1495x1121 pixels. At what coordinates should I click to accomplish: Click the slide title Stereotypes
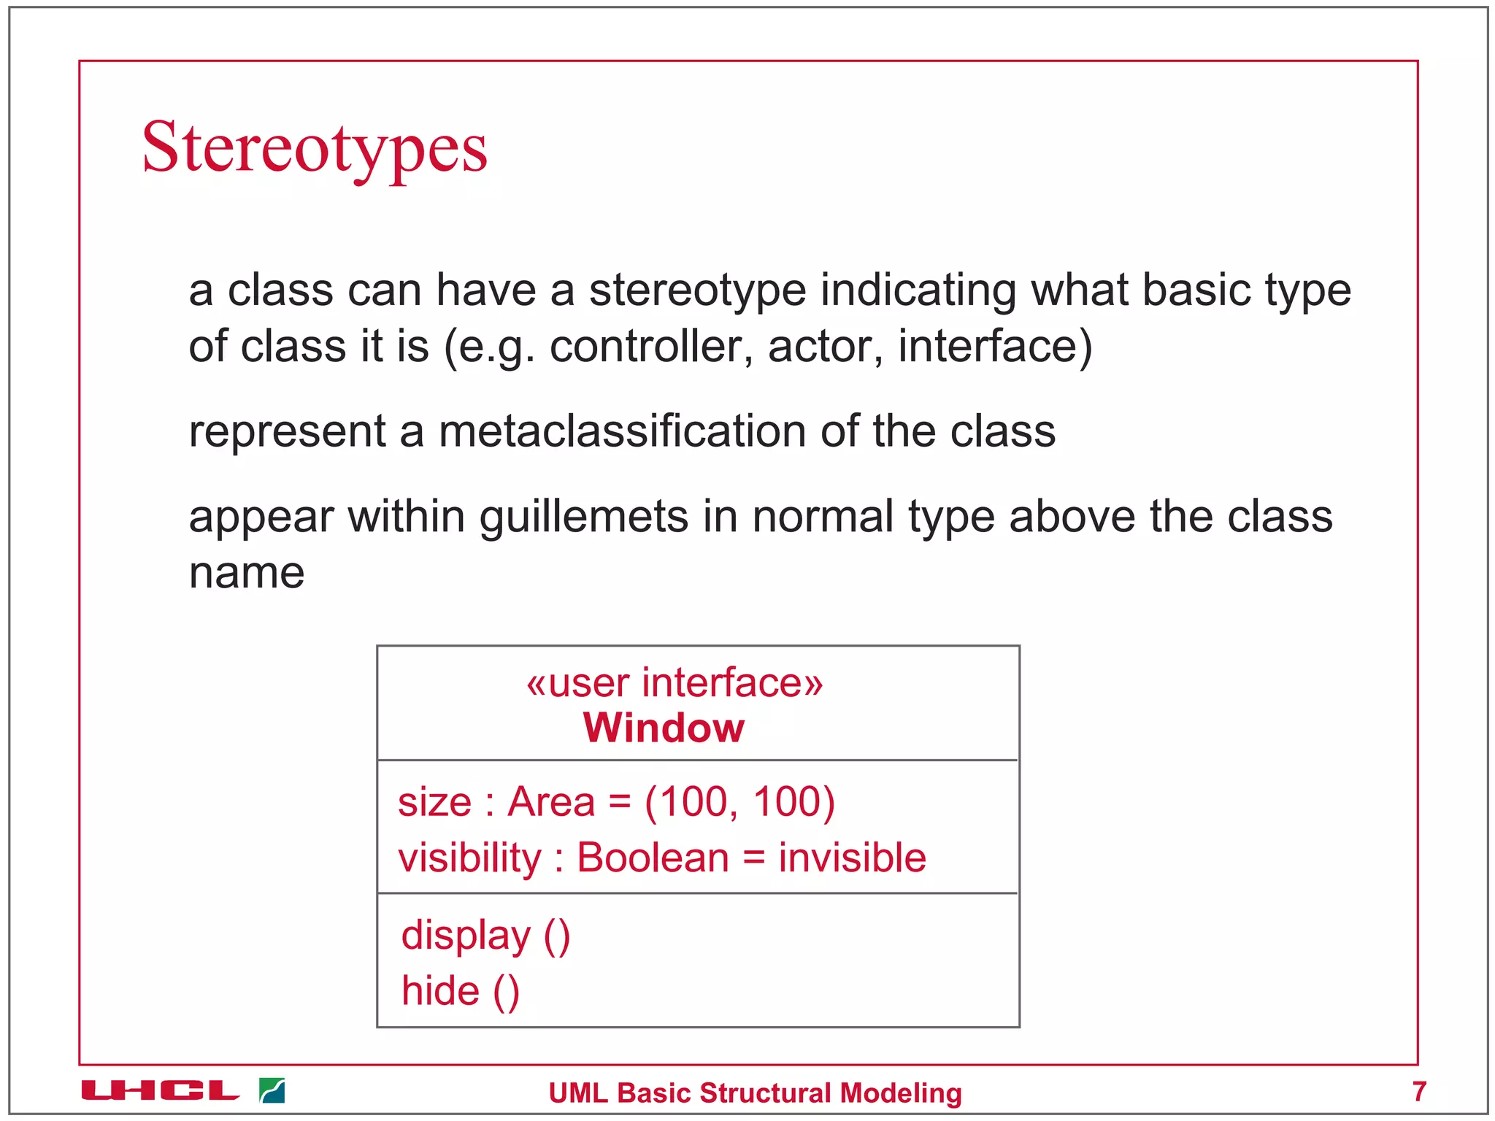315,148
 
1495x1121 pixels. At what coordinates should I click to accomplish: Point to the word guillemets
583,517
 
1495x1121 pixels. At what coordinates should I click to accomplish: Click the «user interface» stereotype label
675,683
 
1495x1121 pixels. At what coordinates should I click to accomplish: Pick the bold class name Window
664,728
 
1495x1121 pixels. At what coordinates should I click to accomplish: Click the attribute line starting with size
616,801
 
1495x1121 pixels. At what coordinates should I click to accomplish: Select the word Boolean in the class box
653,858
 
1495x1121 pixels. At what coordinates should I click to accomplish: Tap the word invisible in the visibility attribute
852,858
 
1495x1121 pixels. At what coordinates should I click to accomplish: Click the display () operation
485,936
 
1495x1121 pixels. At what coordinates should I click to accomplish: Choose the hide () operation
460,991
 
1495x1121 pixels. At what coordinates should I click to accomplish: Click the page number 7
1418,1091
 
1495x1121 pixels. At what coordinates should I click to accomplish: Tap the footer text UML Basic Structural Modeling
755,1093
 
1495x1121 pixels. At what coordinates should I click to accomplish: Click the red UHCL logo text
160,1091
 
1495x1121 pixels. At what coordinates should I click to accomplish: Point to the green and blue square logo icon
272,1090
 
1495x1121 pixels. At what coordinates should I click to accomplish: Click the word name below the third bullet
247,573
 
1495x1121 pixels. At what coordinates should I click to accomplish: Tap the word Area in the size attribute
551,801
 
